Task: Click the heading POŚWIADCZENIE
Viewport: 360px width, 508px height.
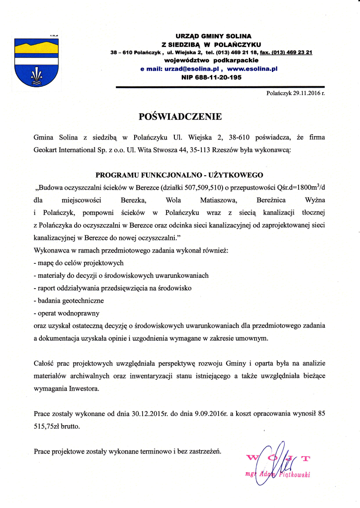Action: click(x=180, y=116)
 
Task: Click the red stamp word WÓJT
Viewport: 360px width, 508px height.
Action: click(x=279, y=457)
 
